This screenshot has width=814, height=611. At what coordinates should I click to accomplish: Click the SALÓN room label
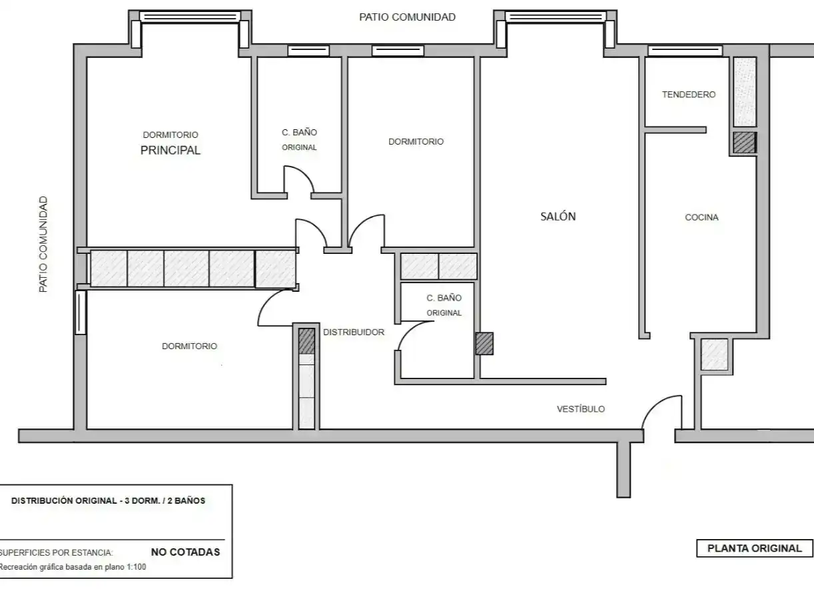pos(558,217)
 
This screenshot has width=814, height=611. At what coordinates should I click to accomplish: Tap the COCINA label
pos(701,217)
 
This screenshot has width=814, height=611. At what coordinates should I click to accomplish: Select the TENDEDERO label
pos(689,95)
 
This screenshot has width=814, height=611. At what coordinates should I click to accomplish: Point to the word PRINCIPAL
pos(171,150)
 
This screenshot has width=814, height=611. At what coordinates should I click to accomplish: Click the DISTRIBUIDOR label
pos(354,332)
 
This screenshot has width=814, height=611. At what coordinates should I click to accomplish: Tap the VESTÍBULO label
pos(581,409)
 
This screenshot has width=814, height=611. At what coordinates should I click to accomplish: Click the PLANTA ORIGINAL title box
pos(754,548)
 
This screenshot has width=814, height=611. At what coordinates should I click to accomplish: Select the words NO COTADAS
pos(185,552)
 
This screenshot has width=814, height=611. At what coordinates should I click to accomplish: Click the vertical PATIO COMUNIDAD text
pos(43,244)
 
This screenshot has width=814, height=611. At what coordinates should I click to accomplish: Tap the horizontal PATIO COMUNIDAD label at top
pos(407,17)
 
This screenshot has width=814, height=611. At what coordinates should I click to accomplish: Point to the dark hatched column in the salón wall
pos(484,344)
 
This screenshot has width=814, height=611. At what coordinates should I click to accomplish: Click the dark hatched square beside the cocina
pos(745,143)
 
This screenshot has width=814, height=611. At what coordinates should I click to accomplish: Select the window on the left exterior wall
pos(81,312)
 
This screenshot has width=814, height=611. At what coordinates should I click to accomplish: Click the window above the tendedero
pos(685,51)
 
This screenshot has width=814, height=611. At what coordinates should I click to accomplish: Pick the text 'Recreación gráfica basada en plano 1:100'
pos(73,567)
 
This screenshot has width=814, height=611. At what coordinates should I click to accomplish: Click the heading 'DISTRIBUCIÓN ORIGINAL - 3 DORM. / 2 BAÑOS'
pos(109,501)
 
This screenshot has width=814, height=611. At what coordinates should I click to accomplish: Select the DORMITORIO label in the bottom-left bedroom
pos(189,346)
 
